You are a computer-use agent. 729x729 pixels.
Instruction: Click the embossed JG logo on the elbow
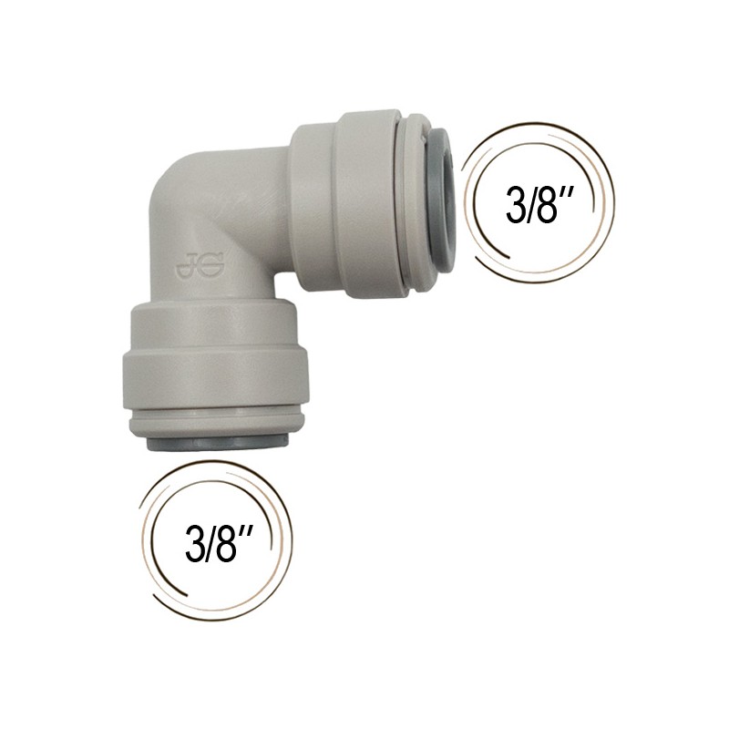[x=200, y=265]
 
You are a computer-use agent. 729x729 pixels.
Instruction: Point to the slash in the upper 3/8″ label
[x=531, y=206]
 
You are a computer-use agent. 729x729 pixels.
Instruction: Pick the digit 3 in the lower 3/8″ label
[x=196, y=543]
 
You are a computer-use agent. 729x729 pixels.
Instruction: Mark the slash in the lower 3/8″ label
[x=210, y=543]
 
